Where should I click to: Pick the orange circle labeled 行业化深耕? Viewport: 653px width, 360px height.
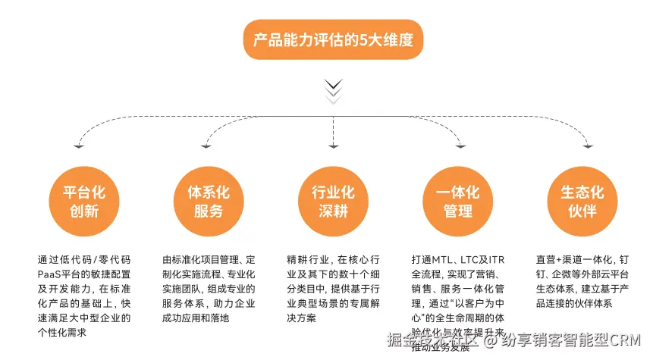(x=333, y=200)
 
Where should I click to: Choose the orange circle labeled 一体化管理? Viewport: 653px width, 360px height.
(x=458, y=200)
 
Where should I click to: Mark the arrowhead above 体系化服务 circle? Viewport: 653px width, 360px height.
(x=206, y=146)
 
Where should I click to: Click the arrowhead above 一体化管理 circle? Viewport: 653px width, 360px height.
(x=460, y=146)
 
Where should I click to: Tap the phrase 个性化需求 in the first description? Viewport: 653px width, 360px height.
(x=62, y=332)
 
